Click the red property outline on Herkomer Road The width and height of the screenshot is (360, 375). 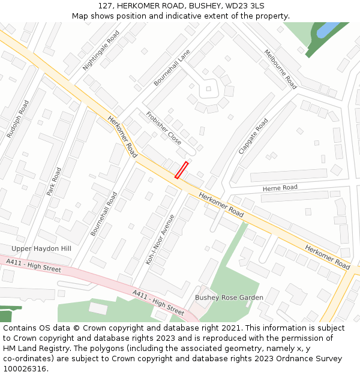[x=181, y=170]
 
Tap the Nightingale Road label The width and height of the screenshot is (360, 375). [x=101, y=51]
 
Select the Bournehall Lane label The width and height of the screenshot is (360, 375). [x=172, y=67]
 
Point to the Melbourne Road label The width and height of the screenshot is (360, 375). [x=280, y=69]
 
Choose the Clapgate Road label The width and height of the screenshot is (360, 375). [x=253, y=136]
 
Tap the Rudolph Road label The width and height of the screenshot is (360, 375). [x=17, y=119]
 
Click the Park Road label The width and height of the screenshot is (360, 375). [x=55, y=182]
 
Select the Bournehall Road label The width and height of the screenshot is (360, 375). [x=104, y=214]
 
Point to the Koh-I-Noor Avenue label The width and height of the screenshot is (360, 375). [x=160, y=239]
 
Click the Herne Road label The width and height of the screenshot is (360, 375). [x=280, y=188]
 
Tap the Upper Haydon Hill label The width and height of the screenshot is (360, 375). [x=41, y=248]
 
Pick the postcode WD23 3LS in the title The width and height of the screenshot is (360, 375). [x=243, y=5]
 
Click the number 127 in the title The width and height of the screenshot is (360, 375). [x=106, y=5]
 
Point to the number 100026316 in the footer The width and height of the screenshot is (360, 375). [x=24, y=368]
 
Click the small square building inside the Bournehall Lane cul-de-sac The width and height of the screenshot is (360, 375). [x=208, y=89]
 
